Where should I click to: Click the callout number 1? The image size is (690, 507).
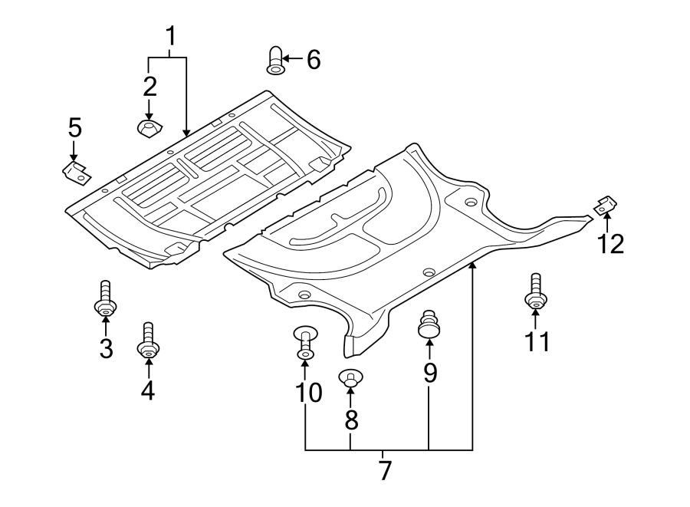tap(172, 35)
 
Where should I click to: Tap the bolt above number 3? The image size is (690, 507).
tap(105, 301)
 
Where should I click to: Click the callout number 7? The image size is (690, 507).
tap(385, 470)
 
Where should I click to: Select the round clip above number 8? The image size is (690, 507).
tap(350, 379)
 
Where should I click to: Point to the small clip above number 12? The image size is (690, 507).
tap(606, 205)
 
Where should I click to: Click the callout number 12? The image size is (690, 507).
tap(611, 243)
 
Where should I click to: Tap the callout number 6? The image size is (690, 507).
tap(313, 59)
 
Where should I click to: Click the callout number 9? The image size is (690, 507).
tap(429, 373)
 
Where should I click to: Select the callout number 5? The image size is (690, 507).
tap(74, 127)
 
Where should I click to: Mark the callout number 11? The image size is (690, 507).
tap(536, 341)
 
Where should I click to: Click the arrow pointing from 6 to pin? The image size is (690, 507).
tap(293, 58)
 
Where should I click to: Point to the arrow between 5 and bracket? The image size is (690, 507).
tap(74, 150)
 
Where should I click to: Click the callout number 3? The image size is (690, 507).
tap(106, 348)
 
